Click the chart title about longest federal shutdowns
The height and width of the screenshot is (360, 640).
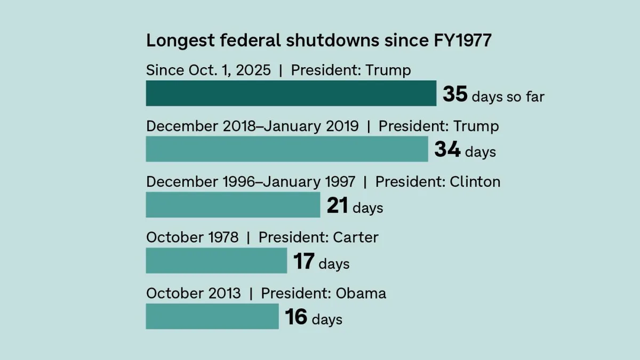click(318, 41)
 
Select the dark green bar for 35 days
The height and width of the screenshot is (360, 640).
click(291, 93)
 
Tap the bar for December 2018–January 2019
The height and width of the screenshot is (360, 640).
click(287, 149)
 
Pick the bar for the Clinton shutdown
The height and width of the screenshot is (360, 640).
click(233, 205)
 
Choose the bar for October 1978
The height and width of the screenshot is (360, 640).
click(217, 261)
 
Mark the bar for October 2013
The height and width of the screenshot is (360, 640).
click(212, 316)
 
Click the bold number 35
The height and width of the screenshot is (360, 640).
click(455, 94)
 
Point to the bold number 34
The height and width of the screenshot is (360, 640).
click(447, 150)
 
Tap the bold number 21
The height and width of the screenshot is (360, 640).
click(337, 206)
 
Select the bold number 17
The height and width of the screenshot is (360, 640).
click(303, 261)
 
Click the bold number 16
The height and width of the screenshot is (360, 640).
click(295, 317)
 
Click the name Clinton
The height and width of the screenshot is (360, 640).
click(475, 182)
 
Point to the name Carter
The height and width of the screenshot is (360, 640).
click(355, 237)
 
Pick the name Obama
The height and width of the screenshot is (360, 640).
click(361, 293)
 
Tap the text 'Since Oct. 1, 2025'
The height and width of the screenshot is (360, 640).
click(209, 70)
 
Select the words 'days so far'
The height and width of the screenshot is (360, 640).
click(508, 97)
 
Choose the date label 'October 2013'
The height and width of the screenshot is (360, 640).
click(194, 293)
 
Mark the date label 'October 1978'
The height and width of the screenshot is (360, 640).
click(193, 237)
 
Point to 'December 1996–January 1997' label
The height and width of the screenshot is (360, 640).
click(251, 182)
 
